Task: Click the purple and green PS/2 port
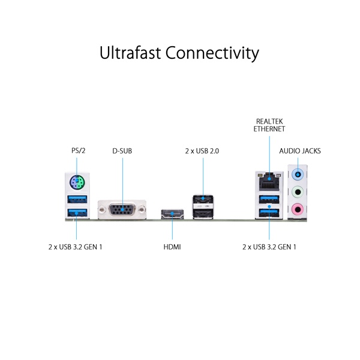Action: pyautogui.click(x=77, y=182)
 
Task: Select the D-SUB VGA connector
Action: pyautogui.click(x=122, y=209)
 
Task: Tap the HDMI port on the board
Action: pyautogui.click(x=172, y=214)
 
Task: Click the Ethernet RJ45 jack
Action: pyautogui.click(x=269, y=182)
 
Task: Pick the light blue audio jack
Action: pyautogui.click(x=298, y=175)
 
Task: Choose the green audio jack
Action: pyautogui.click(x=298, y=192)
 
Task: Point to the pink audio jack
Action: pyautogui.click(x=298, y=209)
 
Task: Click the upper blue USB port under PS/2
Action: pyautogui.click(x=77, y=199)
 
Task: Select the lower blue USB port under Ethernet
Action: pyautogui.click(x=269, y=213)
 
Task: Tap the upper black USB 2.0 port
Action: pyautogui.click(x=203, y=200)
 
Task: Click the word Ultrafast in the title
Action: pyautogui.click(x=130, y=53)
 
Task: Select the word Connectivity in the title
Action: pyautogui.click(x=212, y=53)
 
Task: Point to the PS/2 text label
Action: pyautogui.click(x=78, y=151)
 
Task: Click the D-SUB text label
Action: pyautogui.click(x=122, y=151)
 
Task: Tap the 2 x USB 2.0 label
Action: pyautogui.click(x=202, y=151)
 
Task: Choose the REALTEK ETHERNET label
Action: pyautogui.click(x=269, y=125)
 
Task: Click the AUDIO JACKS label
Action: pyautogui.click(x=300, y=151)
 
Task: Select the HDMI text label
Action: pyautogui.click(x=172, y=247)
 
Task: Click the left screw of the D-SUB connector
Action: pyautogui.click(x=102, y=209)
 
